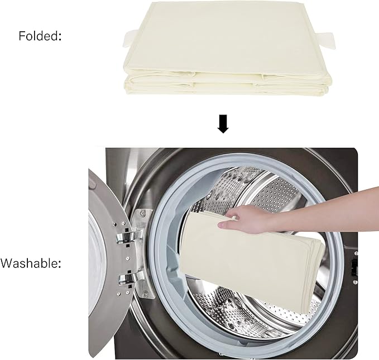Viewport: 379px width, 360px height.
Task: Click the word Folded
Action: point(38,36)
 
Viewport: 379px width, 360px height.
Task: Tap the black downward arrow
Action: point(223,123)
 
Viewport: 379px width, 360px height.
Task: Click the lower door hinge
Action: point(125,277)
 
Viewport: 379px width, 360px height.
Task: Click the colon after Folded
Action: point(60,37)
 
